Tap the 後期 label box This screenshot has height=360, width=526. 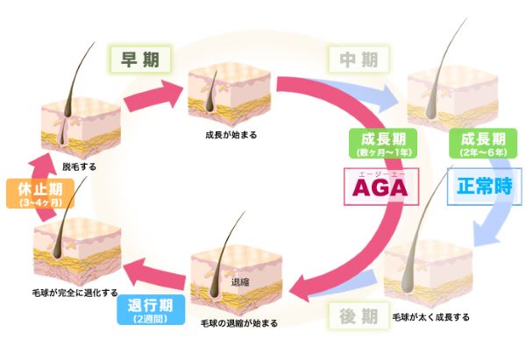coord(358,314)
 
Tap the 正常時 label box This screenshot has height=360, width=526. coord(479,187)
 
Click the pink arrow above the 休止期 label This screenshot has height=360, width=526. coord(32,160)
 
